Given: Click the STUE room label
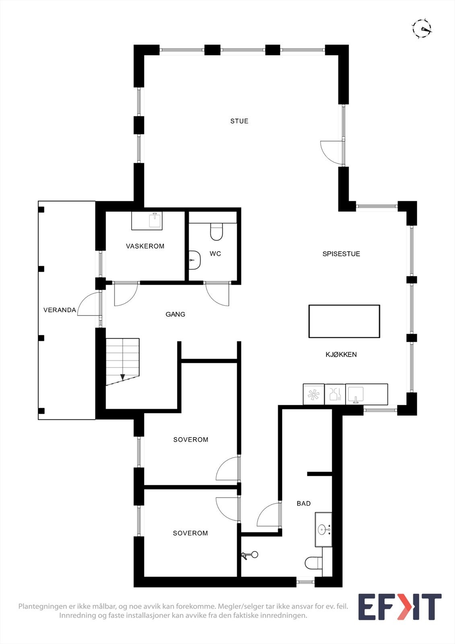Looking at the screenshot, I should pos(239,121).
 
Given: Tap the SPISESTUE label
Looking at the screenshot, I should pos(341,254).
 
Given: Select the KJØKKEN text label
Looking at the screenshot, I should pos(341,354).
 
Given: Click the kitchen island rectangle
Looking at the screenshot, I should pos(344,321).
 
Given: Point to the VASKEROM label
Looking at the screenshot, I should pos(145,246).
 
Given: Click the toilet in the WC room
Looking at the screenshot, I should pos(216,232).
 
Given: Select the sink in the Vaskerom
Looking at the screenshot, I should pos(154,221).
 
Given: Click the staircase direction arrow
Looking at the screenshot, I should pos(123,377).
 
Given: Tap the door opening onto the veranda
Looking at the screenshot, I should pos(89,304).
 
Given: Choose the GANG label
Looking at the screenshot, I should pos(175,314).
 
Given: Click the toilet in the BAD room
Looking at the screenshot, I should pos(313,563).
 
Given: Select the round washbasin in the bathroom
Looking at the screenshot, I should pos(322,529).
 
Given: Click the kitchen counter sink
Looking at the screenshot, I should pos(356,394).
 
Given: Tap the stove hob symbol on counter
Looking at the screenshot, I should pos(313,394).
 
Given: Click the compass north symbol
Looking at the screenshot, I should pos(422,28).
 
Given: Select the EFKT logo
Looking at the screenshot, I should pos(399,607).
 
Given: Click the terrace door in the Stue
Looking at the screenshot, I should pos(332,152).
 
